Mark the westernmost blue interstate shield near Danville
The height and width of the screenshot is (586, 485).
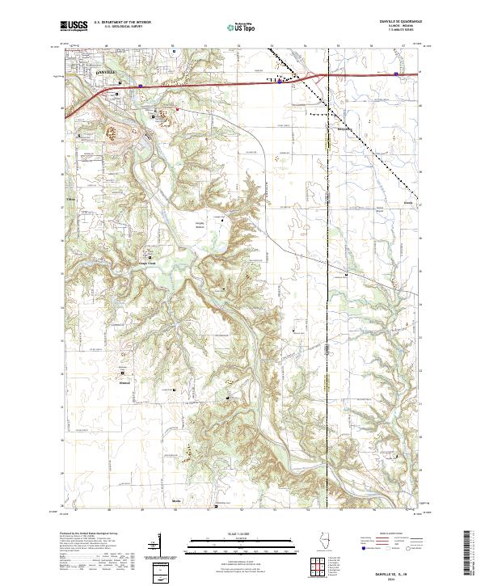click(141, 82)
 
